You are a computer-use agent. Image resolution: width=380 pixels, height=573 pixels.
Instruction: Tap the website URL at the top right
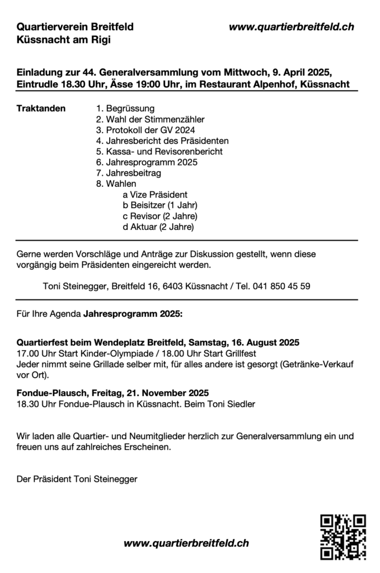pos(291,26)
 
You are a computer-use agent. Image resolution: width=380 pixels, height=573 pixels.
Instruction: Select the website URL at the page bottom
pos(186,543)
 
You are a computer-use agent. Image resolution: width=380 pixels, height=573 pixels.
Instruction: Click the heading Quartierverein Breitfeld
pos(75,26)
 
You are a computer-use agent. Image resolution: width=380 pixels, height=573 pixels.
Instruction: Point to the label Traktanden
pos(41,108)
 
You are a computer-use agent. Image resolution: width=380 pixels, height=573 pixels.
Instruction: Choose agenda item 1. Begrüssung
pos(125,108)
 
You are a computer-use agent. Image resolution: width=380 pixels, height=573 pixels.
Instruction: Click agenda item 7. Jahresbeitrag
pos(128,173)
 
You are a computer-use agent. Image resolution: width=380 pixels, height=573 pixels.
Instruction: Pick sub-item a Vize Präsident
pos(154,195)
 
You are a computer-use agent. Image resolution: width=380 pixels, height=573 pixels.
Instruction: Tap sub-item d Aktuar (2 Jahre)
pos(158,227)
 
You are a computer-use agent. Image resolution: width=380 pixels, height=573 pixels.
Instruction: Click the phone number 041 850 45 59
pos(281,286)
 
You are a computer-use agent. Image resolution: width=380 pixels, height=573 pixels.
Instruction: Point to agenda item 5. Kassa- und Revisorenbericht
pos(159,151)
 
